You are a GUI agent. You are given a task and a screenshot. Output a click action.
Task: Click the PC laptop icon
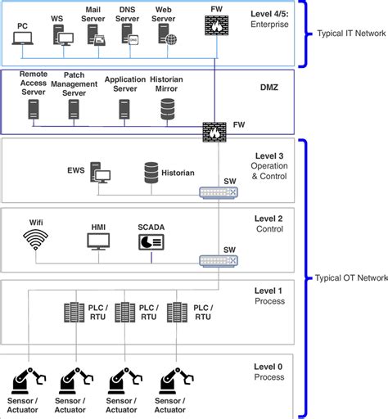click(x=22, y=38)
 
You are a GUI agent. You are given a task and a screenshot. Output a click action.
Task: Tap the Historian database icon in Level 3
click(x=151, y=173)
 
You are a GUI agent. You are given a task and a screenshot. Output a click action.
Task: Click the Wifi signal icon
click(x=35, y=241)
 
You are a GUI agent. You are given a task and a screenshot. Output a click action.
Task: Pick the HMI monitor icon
click(x=98, y=241)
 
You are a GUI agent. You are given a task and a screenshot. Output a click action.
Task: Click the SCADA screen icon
click(x=150, y=241)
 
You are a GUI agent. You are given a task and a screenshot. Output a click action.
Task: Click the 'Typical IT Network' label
click(x=350, y=34)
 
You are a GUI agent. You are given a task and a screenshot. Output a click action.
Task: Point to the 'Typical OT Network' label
click(x=351, y=277)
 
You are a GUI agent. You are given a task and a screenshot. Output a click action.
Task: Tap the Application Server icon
click(x=124, y=109)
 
